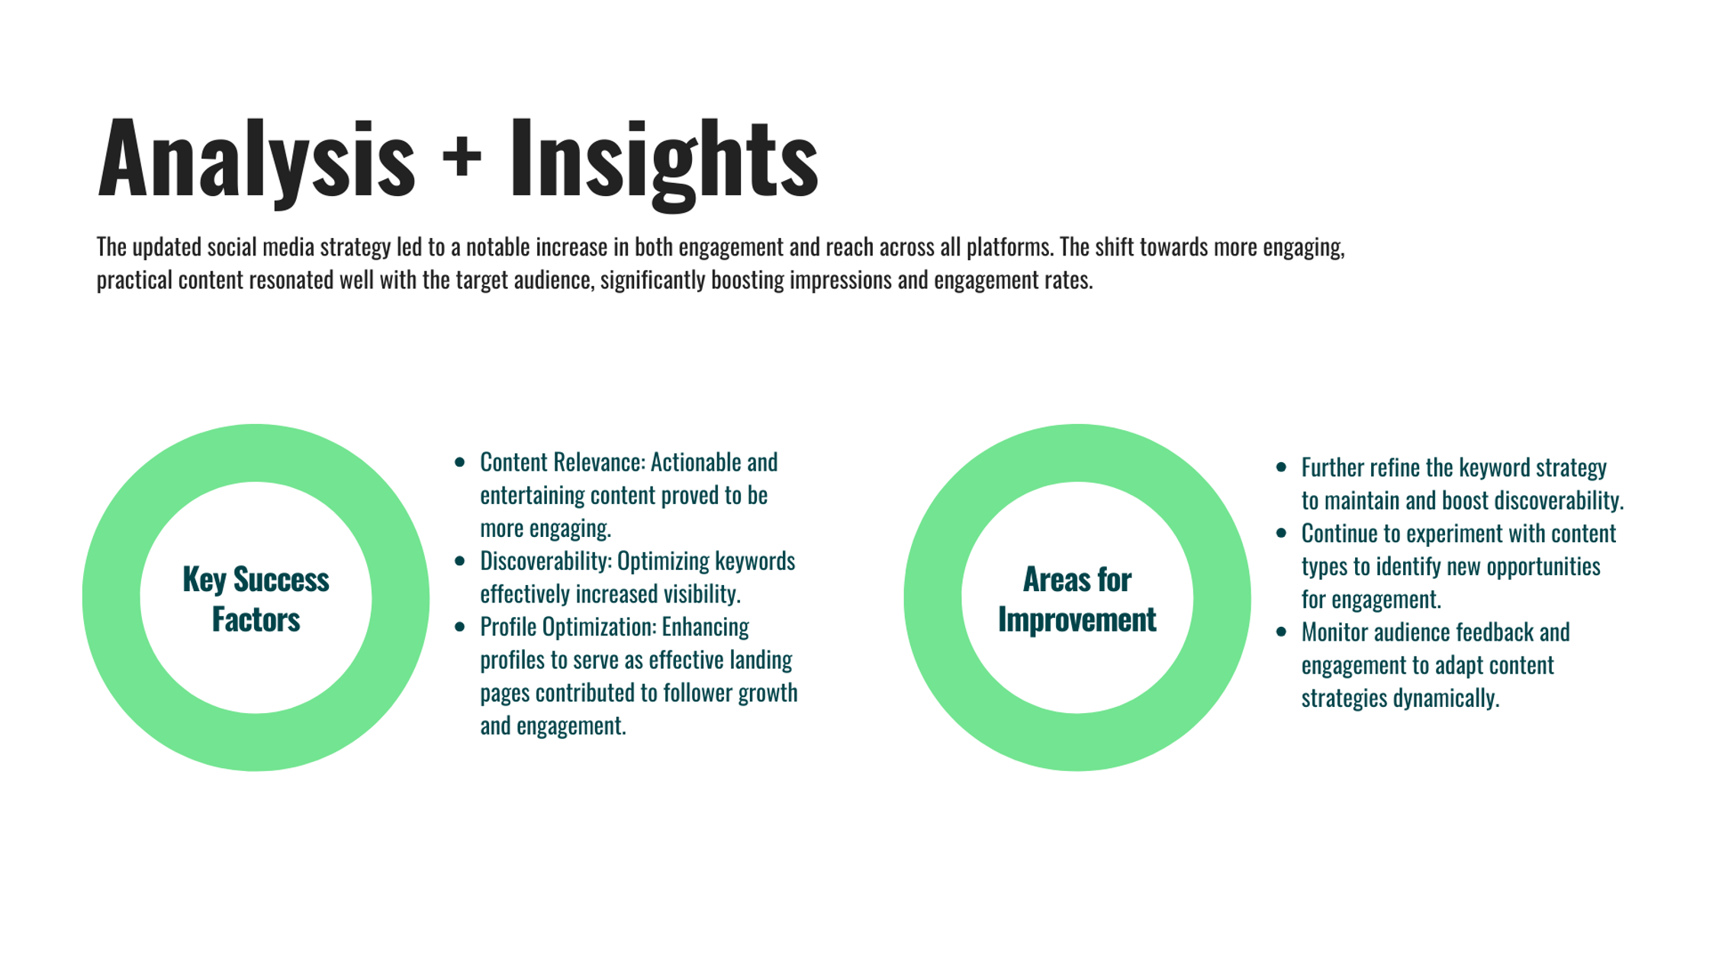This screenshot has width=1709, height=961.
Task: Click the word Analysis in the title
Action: click(256, 160)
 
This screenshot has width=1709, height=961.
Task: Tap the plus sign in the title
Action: click(462, 156)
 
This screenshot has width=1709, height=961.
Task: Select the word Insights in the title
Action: click(664, 162)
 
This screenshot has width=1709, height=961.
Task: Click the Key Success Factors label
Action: click(256, 599)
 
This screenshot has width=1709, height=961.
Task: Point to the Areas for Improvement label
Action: click(1077, 599)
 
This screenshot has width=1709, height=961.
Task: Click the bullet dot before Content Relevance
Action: click(459, 462)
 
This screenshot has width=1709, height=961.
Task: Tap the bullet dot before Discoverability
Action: click(459, 561)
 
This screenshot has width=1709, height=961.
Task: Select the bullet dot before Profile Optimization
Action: click(459, 627)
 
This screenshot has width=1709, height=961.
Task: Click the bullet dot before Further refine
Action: click(1281, 468)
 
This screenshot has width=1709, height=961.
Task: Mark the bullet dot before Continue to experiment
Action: click(1281, 533)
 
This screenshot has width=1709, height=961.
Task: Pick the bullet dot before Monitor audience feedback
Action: click(1281, 632)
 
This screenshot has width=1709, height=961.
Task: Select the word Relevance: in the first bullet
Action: click(600, 462)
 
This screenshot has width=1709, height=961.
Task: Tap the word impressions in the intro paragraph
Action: click(840, 281)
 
